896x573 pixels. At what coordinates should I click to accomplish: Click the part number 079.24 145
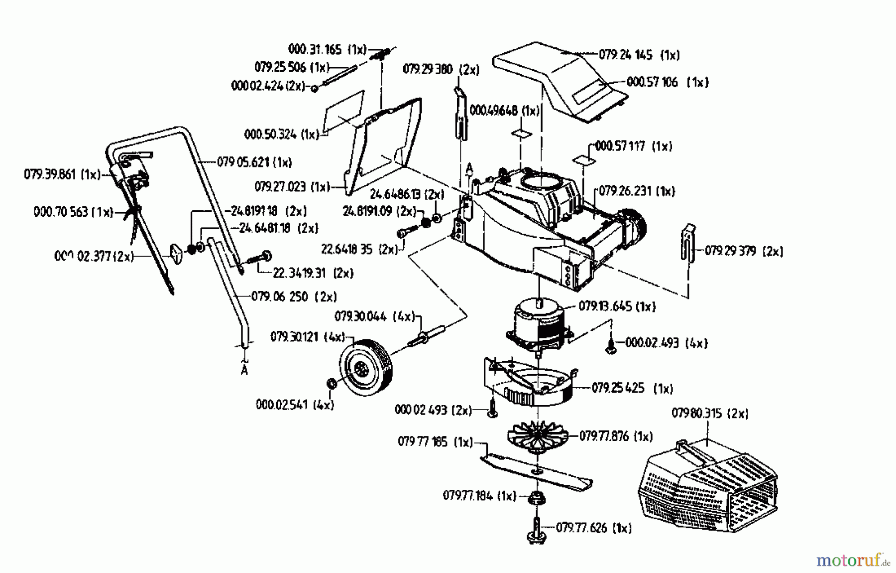(625, 55)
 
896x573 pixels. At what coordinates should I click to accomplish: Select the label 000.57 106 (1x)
(667, 82)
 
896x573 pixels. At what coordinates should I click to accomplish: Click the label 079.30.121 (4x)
(308, 337)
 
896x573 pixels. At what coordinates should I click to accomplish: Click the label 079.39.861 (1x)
(62, 174)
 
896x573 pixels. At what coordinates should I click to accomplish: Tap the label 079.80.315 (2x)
(710, 413)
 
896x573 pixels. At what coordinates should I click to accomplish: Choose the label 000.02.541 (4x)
(295, 405)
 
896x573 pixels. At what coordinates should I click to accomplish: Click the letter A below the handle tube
(244, 370)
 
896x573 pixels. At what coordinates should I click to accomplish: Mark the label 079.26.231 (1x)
(637, 191)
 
